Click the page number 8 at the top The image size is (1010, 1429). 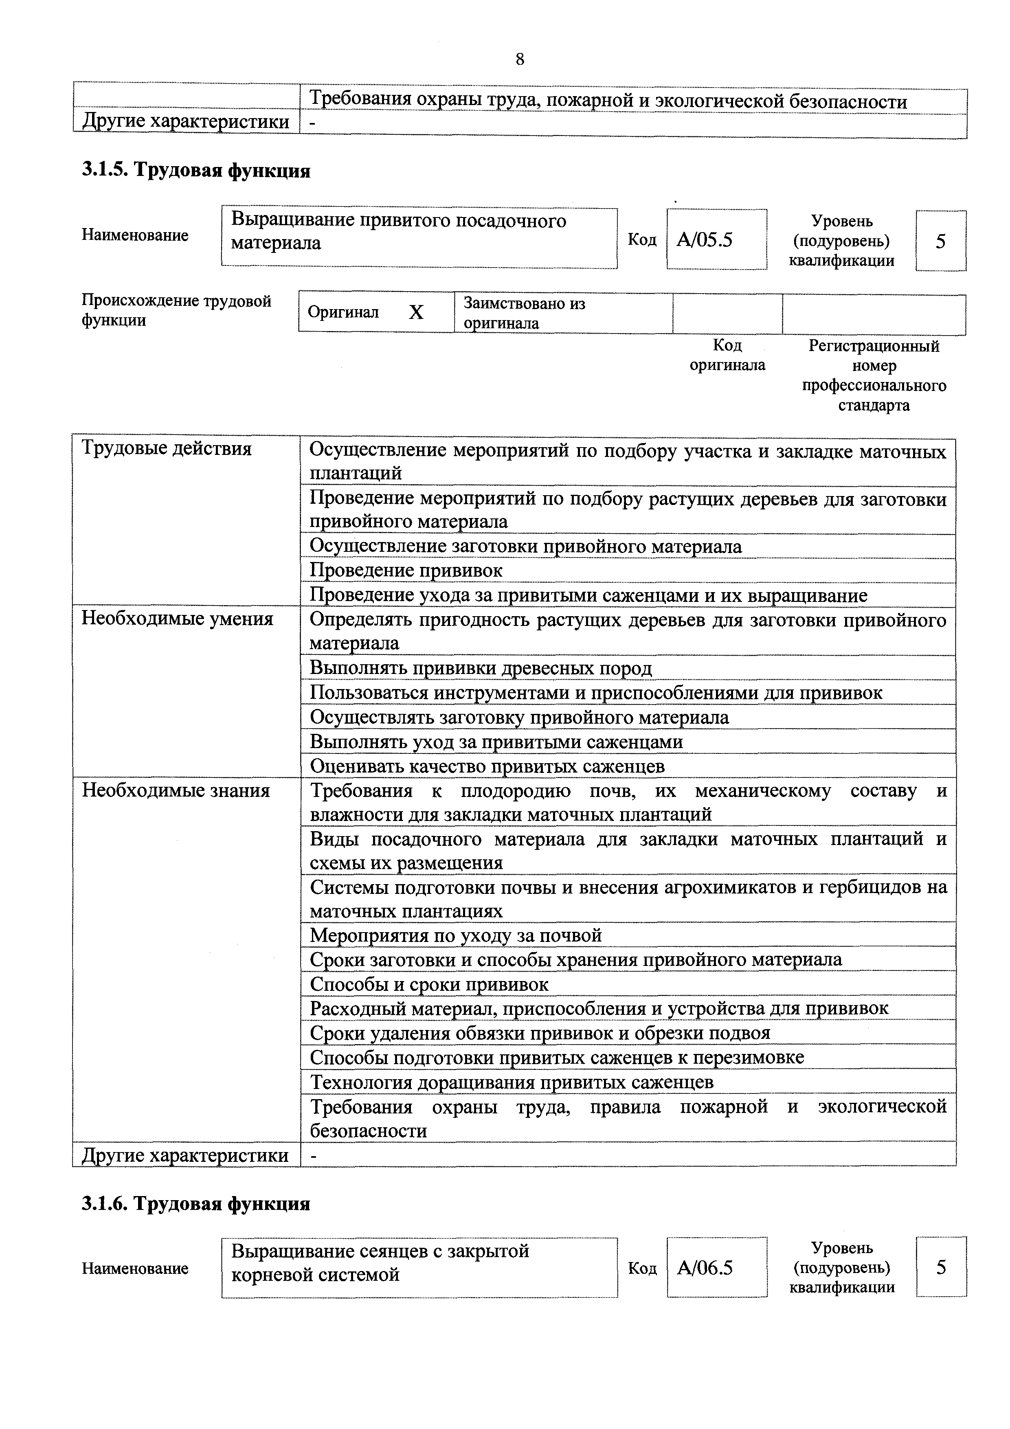point(520,59)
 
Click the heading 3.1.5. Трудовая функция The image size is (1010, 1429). point(196,170)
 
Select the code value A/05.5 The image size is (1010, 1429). point(705,240)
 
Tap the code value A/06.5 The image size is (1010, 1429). point(705,1267)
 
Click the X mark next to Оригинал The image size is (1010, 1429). point(416,312)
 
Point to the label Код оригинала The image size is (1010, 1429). point(727,355)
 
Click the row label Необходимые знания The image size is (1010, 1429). point(176,790)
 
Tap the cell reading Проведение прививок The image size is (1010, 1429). point(406,570)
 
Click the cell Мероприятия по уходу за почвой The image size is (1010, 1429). point(456,935)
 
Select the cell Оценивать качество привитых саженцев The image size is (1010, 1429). point(487,766)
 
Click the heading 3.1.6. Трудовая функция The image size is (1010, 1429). point(196,1204)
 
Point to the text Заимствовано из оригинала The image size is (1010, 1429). point(524,313)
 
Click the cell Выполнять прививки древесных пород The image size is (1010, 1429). point(481,668)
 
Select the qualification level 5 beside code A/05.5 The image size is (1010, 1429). point(940,241)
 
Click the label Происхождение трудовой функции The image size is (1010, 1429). point(176,311)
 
